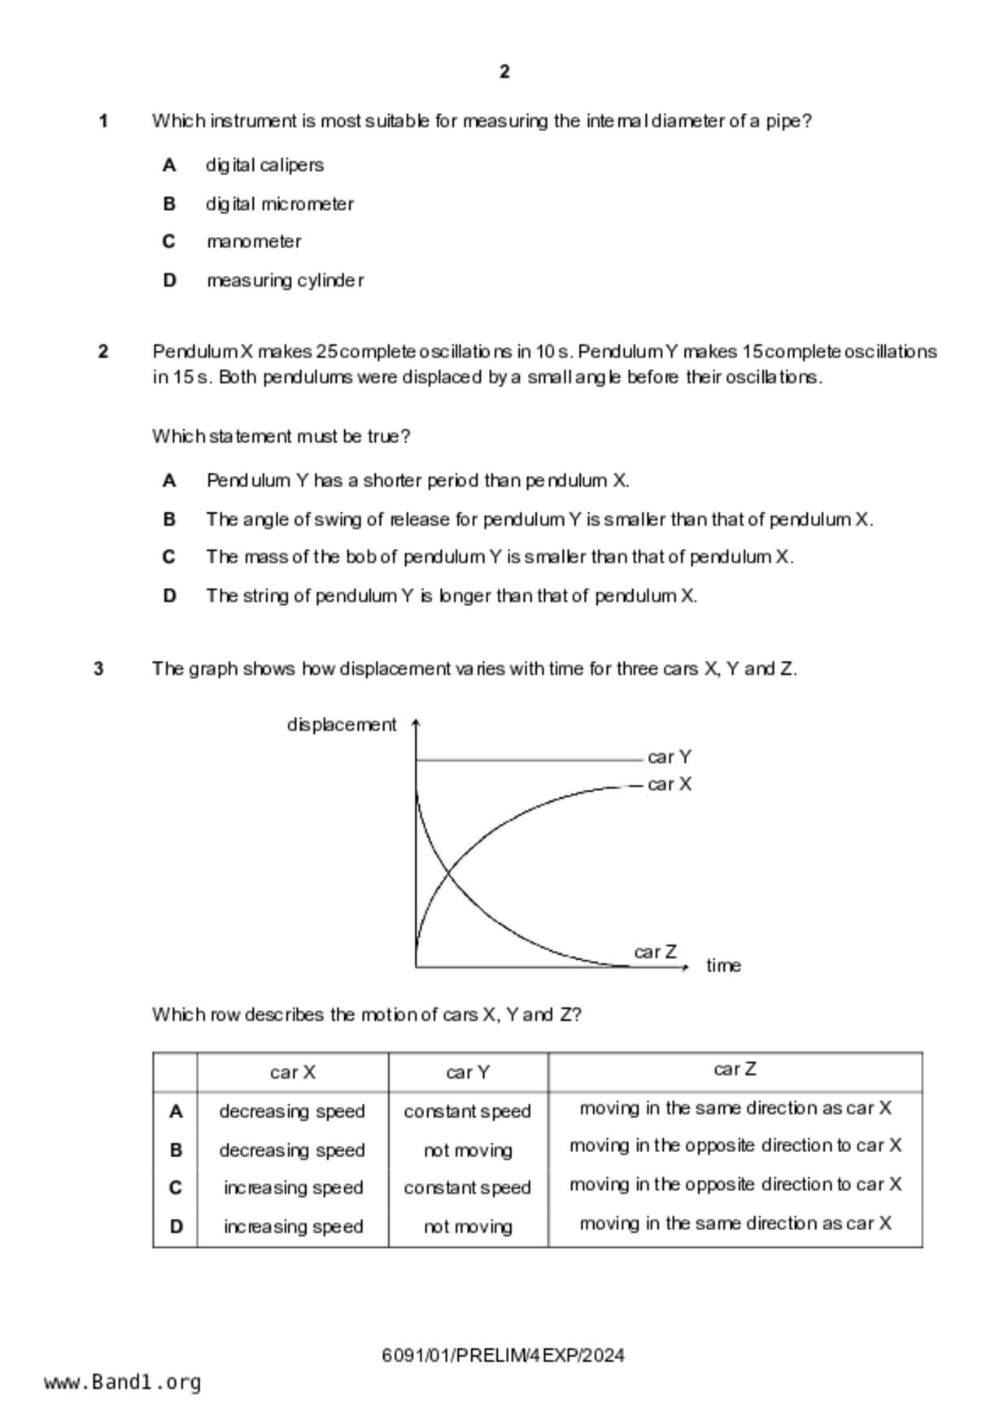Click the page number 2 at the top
coord(504,72)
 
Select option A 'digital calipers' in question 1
coord(264,165)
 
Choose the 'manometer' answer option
coord(254,242)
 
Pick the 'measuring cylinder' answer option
coord(285,281)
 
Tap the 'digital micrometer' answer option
coord(279,204)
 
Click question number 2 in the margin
coord(103,352)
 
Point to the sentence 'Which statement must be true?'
coord(281,436)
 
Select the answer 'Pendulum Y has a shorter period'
coord(417,480)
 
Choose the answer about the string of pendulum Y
coord(452,596)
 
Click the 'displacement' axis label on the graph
coord(342,725)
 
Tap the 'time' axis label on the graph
coord(723,966)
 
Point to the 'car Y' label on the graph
coord(670,757)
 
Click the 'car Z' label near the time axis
coord(655,952)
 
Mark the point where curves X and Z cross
coord(448,875)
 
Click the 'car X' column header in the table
coord(292,1072)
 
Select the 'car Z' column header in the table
coord(735,1070)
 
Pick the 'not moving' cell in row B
coord(468,1150)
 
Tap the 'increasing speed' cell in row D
coord(293,1226)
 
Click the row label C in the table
coord(176,1188)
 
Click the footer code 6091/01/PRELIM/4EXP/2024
coord(503,1356)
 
